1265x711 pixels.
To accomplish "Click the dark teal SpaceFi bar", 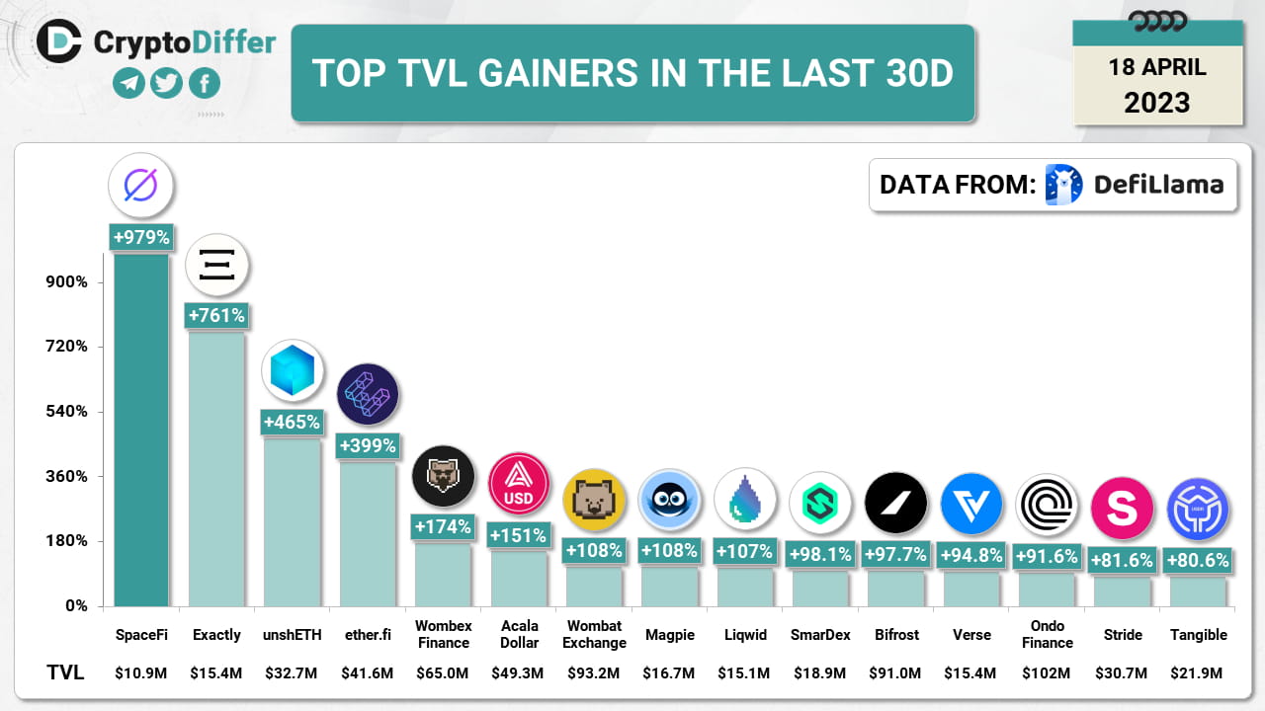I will tap(141, 430).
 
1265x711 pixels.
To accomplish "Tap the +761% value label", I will tap(215, 316).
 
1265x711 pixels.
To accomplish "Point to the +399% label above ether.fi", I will tap(368, 446).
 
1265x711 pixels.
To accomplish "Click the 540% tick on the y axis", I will tap(62, 412).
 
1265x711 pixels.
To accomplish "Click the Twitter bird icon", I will tap(167, 84).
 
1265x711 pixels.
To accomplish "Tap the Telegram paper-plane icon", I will tap(128, 84).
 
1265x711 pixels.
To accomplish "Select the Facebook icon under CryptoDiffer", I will tap(205, 84).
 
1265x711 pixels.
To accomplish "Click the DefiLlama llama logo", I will tap(1064, 185).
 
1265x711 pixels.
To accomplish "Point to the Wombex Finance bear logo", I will tap(443, 477).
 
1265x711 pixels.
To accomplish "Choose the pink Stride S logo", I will tap(1122, 508).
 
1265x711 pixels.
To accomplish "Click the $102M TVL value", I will tap(1047, 673).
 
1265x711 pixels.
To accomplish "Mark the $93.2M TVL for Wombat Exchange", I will tap(594, 673).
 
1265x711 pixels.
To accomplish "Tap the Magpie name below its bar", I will tap(669, 635).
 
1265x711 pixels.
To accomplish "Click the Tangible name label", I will tap(1198, 635).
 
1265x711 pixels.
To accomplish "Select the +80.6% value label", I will tap(1198, 561).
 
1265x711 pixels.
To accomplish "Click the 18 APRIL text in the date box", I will tap(1157, 67).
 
